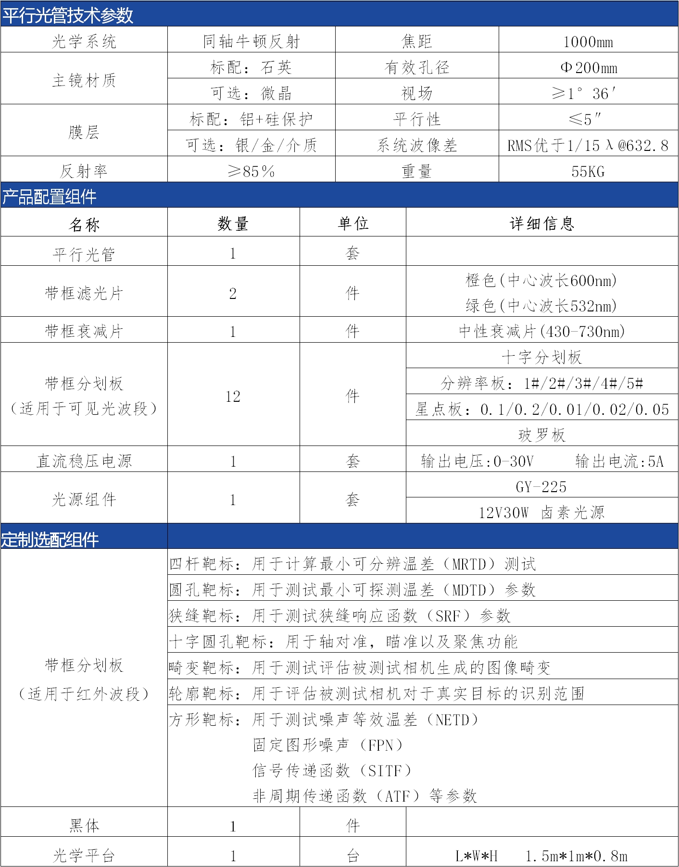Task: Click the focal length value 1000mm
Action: pyautogui.click(x=588, y=42)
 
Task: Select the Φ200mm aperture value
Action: pyautogui.click(x=589, y=68)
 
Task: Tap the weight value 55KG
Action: pyautogui.click(x=588, y=172)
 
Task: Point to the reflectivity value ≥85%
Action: pyautogui.click(x=251, y=172)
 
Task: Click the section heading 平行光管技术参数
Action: pyautogui.click(x=68, y=15)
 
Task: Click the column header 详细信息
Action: pyautogui.click(x=542, y=223)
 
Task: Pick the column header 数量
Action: pyautogui.click(x=233, y=223)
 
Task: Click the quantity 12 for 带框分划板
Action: pyautogui.click(x=233, y=396)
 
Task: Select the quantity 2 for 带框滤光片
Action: pyautogui.click(x=233, y=293)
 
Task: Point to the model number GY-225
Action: pyautogui.click(x=541, y=487)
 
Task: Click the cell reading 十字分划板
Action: pyautogui.click(x=542, y=357)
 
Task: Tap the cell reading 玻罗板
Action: pyautogui.click(x=542, y=435)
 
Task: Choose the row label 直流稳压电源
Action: pyautogui.click(x=84, y=461)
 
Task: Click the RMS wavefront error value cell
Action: pyautogui.click(x=588, y=146)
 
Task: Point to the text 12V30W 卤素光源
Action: pyautogui.click(x=541, y=513)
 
